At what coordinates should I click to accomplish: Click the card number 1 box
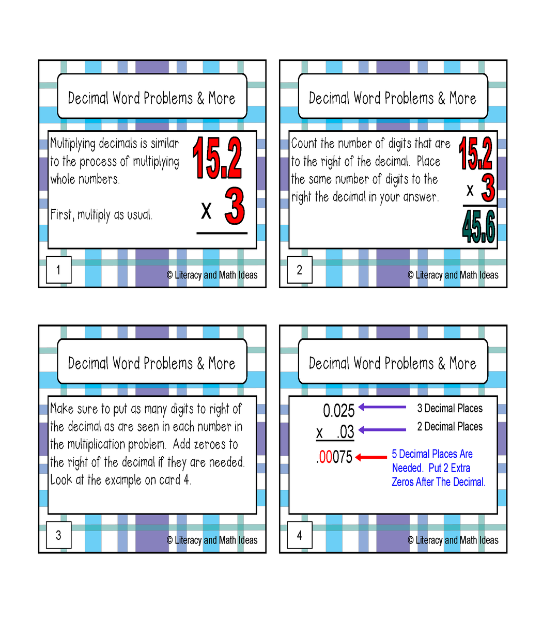pyautogui.click(x=59, y=270)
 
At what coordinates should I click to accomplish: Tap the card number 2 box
pyautogui.click(x=300, y=270)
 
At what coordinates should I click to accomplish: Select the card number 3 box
pyautogui.click(x=59, y=535)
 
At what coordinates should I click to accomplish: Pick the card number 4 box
pyautogui.click(x=300, y=535)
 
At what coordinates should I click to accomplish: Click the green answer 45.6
pyautogui.click(x=478, y=227)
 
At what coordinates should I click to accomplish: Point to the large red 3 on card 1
pyautogui.click(x=235, y=206)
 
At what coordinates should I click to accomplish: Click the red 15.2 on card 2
pyautogui.click(x=475, y=153)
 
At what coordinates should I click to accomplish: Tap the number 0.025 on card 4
pyautogui.click(x=338, y=411)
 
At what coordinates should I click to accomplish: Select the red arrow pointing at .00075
pyautogui.click(x=370, y=457)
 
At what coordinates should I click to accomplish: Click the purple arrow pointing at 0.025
pyautogui.click(x=382, y=407)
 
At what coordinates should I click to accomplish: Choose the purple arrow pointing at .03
pyautogui.click(x=382, y=430)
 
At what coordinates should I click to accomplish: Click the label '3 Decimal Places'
pyautogui.click(x=450, y=408)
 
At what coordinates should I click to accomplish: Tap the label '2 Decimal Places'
pyautogui.click(x=450, y=426)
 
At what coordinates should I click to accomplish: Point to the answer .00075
pyautogui.click(x=334, y=457)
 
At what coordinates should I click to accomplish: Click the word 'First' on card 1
pyautogui.click(x=62, y=214)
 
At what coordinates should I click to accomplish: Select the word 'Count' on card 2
pyautogui.click(x=303, y=144)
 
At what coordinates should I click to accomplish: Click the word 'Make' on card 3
pyautogui.click(x=62, y=409)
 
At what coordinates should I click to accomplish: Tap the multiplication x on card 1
pyautogui.click(x=206, y=211)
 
